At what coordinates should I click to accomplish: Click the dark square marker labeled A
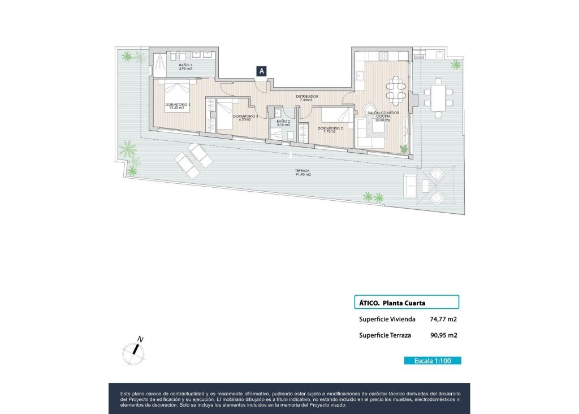[262, 71]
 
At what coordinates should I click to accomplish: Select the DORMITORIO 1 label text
[178, 106]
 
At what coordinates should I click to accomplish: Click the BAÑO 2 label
[283, 123]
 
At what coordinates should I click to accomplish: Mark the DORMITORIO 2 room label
[330, 130]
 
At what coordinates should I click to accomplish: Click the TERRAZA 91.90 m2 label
[303, 172]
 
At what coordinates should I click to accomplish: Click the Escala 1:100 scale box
[433, 360]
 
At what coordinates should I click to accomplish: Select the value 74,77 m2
[443, 319]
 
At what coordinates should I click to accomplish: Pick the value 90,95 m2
[443, 335]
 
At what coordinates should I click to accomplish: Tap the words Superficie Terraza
[385, 335]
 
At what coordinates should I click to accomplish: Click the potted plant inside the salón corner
[404, 149]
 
